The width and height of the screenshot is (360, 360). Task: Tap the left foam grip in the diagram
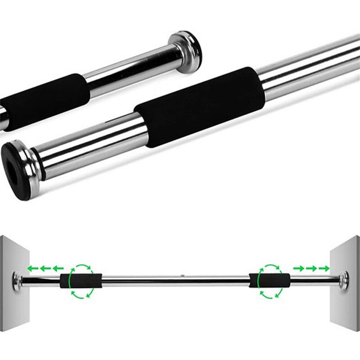81,281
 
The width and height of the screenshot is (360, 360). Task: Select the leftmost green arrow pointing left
32,269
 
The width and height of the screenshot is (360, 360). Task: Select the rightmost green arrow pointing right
324,269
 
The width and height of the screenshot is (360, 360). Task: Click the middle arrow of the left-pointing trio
45,269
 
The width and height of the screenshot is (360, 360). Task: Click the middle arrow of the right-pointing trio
311,269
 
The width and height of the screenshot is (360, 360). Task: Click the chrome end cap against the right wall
345,278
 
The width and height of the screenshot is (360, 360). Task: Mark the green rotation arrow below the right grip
270,293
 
